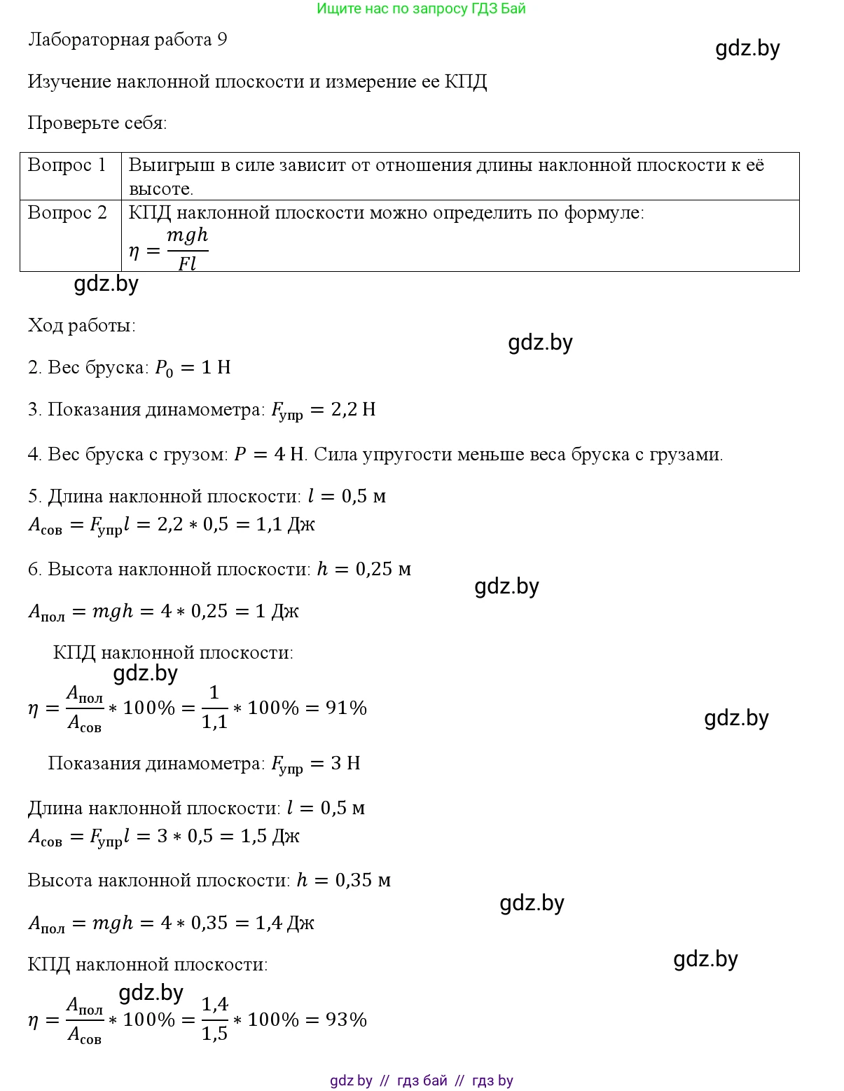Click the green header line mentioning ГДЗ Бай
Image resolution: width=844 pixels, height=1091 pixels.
421,9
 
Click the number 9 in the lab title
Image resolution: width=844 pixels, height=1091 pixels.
222,39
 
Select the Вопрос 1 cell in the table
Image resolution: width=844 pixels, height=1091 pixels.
67,165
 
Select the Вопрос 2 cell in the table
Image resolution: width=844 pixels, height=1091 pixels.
67,212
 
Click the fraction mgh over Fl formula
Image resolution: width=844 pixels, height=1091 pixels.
187,249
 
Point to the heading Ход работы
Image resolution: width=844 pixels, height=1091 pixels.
81,325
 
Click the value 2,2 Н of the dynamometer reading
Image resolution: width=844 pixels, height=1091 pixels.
353,409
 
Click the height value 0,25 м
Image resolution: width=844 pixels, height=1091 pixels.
383,569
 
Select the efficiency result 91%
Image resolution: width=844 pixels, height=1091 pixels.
346,708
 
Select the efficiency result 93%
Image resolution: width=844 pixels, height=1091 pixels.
346,1020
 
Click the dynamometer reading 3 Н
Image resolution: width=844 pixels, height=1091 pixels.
345,763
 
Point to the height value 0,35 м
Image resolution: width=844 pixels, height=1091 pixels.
363,880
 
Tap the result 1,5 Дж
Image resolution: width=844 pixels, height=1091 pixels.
270,836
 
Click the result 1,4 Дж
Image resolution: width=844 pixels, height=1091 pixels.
284,923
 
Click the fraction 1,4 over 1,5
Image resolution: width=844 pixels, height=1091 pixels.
215,1019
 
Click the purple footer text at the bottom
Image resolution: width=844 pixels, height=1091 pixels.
421,1080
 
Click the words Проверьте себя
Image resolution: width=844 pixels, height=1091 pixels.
97,123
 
